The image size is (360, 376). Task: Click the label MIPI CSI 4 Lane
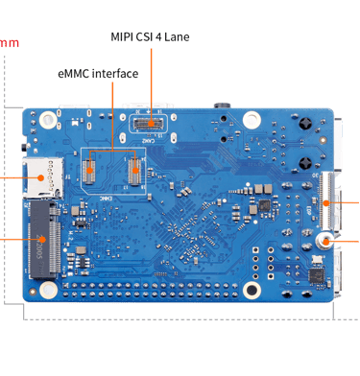(x=151, y=37)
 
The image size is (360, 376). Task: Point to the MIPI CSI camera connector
(x=150, y=124)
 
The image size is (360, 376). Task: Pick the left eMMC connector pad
(x=91, y=170)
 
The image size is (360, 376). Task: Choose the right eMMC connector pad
(x=134, y=170)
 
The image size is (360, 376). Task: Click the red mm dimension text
(x=8, y=43)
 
